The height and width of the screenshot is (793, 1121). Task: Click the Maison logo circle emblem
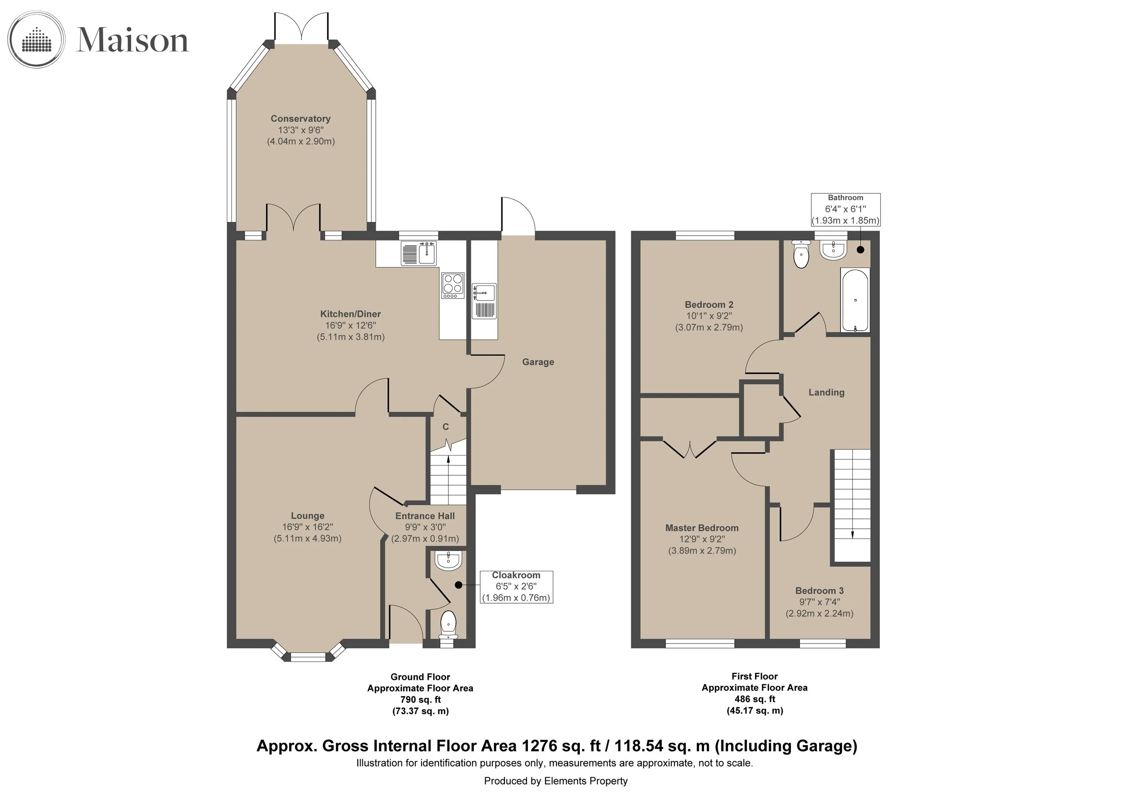(37, 39)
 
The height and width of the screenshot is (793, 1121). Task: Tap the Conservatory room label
(301, 119)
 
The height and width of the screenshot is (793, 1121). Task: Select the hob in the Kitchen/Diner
(452, 286)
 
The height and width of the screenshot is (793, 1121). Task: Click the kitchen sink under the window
(419, 254)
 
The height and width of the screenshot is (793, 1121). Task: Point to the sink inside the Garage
(484, 301)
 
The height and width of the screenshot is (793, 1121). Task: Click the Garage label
(538, 362)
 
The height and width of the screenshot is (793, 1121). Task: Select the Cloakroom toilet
(448, 626)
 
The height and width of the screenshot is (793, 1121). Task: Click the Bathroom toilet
(801, 254)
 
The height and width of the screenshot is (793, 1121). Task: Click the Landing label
(826, 392)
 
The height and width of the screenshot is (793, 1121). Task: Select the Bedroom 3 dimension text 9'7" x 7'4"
(820, 602)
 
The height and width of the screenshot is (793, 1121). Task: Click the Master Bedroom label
(702, 528)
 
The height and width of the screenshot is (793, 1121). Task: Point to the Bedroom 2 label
(709, 304)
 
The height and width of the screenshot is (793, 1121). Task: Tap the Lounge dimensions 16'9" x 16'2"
(308, 527)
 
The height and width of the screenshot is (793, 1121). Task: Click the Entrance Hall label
(425, 516)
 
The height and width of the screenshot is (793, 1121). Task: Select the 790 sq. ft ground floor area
(421, 700)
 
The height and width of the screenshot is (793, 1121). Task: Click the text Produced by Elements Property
(556, 781)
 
